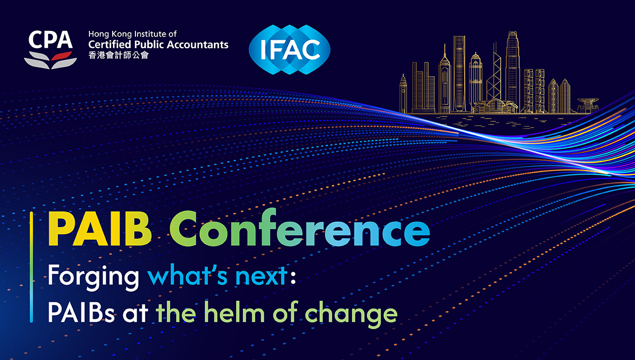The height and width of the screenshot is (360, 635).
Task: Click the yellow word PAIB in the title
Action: (99, 229)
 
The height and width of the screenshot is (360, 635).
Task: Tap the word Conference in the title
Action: (300, 228)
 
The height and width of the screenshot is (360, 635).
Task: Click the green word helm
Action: (234, 311)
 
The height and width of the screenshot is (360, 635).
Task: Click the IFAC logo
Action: (289, 50)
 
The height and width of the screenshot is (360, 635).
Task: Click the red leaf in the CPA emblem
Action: (61, 56)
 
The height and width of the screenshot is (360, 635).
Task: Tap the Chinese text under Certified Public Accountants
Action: (118, 55)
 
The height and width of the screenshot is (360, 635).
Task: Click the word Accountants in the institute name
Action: (197, 44)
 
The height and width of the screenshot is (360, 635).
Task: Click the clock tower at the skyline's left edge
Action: (403, 94)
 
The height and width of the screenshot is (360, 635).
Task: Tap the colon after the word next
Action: (293, 276)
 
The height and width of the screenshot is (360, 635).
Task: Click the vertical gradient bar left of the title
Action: (31, 267)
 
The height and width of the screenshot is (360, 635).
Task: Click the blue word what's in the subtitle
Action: (187, 275)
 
